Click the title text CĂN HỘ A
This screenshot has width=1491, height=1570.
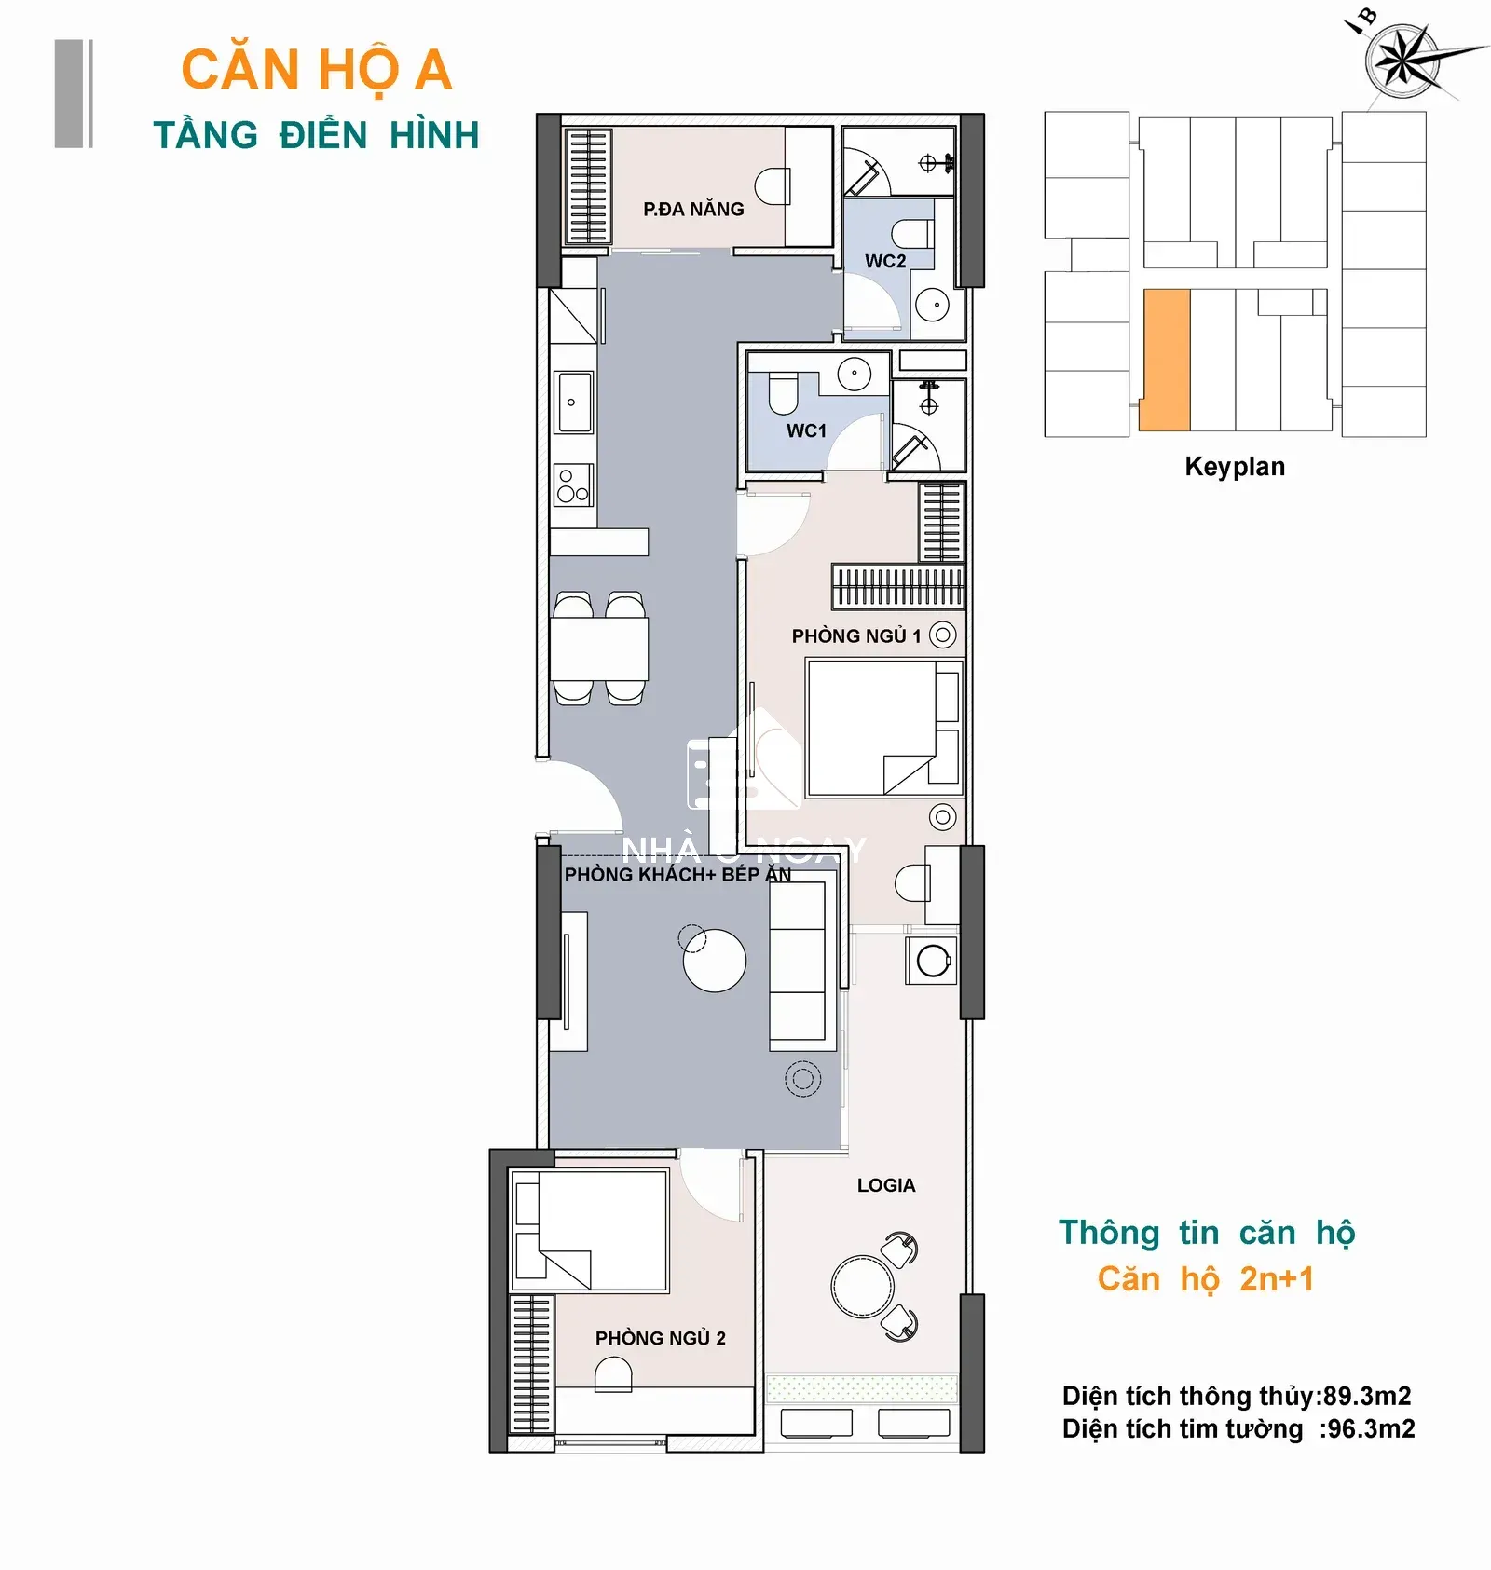(x=317, y=70)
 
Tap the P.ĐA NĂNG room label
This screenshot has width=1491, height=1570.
(x=693, y=209)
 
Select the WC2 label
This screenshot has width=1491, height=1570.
(x=885, y=261)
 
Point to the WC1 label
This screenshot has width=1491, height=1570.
(x=806, y=430)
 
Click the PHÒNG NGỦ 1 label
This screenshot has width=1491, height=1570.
(x=856, y=635)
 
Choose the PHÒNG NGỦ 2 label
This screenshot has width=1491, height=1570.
(x=661, y=1338)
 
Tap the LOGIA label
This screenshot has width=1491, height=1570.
(x=886, y=1185)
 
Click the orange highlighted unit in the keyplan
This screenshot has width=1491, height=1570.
(x=1165, y=360)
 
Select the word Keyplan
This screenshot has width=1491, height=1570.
(x=1235, y=467)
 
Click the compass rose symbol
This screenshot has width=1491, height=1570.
(x=1402, y=59)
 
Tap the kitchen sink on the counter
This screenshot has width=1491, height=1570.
(x=574, y=403)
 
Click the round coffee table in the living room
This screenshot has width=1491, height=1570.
(x=715, y=961)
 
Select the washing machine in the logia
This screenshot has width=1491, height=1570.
(x=932, y=961)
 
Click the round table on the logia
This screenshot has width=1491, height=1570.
(x=863, y=1286)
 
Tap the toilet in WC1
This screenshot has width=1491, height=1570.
(x=783, y=393)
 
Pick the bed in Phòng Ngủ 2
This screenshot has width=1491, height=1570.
(x=591, y=1231)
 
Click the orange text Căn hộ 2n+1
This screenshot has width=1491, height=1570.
(x=1206, y=1279)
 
